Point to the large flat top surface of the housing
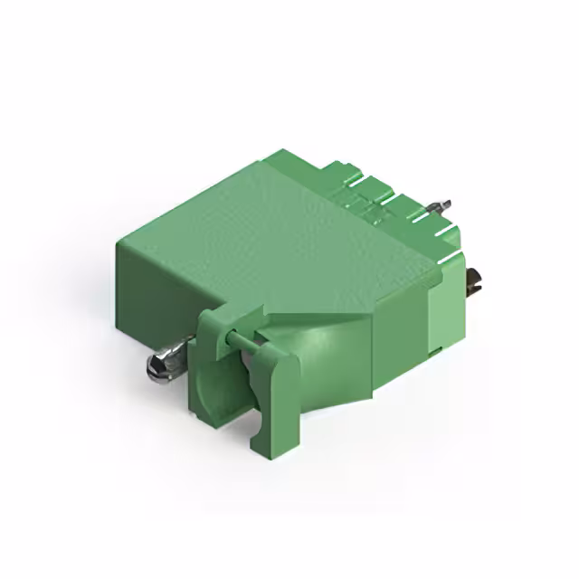pyautogui.click(x=271, y=226)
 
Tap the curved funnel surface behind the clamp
pyautogui.click(x=335, y=353)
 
